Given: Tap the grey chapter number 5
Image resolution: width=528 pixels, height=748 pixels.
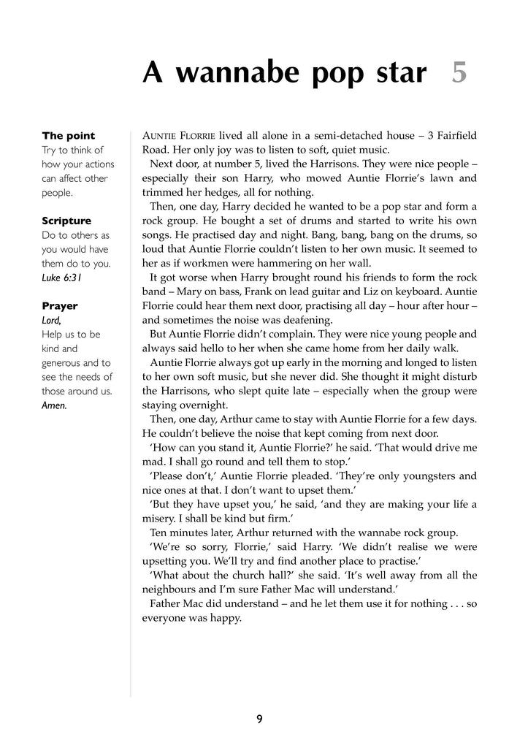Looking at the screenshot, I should tap(459, 72).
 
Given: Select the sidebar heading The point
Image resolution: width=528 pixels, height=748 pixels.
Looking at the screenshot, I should tap(69, 136).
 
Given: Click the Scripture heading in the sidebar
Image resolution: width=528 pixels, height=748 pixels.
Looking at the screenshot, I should tap(66, 221).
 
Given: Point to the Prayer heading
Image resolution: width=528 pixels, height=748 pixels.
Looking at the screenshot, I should tap(59, 306).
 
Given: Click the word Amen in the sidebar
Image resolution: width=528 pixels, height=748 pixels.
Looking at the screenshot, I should tap(54, 405).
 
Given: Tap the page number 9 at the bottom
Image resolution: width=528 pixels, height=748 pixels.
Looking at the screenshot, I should tap(259, 720).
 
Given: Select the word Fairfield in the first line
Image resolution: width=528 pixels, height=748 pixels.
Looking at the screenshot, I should tap(451, 136).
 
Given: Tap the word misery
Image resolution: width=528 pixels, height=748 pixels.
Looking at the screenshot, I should tap(161, 519).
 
